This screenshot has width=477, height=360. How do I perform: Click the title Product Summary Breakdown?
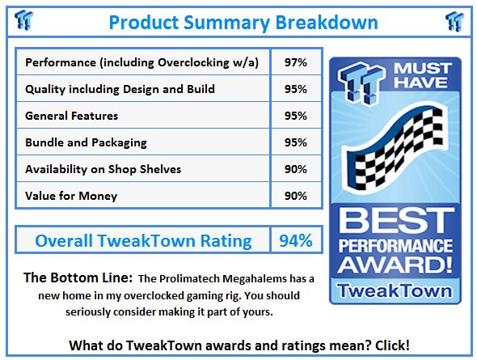243,22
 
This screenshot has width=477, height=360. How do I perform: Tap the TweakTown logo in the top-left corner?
23,19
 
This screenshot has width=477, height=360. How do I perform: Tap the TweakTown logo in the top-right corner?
454,19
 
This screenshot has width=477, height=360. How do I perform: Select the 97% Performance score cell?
295,62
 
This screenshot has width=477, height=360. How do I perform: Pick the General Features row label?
72,116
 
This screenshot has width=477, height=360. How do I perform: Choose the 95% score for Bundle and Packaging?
295,142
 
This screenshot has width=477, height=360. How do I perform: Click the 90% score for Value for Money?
295,196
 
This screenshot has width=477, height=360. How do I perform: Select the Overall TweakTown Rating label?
143,240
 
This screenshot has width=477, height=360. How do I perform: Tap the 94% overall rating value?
296,240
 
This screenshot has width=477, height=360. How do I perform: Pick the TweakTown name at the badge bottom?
396,290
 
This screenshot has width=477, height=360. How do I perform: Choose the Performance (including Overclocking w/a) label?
142,62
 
